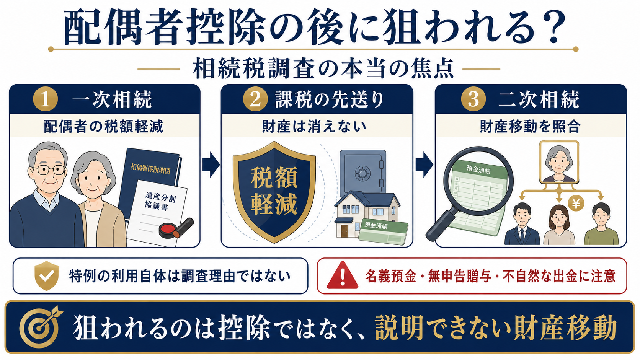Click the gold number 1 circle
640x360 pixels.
pos(45,99)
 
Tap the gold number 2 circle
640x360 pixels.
pos(255,99)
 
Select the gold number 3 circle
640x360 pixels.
pos(473,99)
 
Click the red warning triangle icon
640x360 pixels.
pos(343,275)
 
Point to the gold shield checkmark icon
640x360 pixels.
pos(47,275)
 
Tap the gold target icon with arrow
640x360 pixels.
pos(40,327)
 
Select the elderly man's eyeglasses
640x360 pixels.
pos(49,170)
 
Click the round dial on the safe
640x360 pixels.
pos(362,173)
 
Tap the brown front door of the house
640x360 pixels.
pos(344,231)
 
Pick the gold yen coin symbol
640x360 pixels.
pos(576,203)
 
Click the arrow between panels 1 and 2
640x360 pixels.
pos(211,165)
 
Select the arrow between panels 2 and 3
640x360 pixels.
pos(424,165)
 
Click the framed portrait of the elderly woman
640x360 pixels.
pos(559,162)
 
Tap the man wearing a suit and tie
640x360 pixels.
pos(522,224)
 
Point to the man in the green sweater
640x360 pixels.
pos(601,224)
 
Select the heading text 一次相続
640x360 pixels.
pos(112,99)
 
